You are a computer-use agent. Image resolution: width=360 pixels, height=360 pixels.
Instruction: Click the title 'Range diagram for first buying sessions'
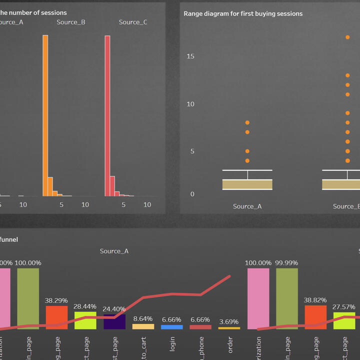[x=243, y=13]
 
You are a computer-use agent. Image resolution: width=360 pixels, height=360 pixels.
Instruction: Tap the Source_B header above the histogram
[x=70, y=22]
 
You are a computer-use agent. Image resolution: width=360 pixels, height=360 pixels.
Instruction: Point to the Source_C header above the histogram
[x=133, y=22]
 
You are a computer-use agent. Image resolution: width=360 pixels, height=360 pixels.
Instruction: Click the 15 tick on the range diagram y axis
[x=190, y=56]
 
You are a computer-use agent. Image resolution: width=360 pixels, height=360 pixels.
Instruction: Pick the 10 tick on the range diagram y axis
[x=190, y=104]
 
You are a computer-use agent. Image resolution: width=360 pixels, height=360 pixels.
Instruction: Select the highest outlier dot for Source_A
[x=247, y=122]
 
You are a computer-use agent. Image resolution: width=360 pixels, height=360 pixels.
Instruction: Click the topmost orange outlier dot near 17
[x=347, y=37]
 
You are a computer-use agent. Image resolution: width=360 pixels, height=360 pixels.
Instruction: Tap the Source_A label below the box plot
[x=247, y=206]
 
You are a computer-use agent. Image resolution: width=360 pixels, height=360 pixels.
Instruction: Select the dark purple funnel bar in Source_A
[x=114, y=321]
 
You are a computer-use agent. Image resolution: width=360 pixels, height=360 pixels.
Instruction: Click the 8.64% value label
[x=143, y=318]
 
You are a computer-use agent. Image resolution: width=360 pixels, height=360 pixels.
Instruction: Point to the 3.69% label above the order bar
[x=229, y=321]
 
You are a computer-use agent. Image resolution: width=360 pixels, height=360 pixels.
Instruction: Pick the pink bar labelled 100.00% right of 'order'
[x=258, y=298]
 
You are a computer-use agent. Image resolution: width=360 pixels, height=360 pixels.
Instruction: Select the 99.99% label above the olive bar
[x=287, y=262]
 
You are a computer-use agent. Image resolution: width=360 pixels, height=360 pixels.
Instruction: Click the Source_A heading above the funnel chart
[x=114, y=251]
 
